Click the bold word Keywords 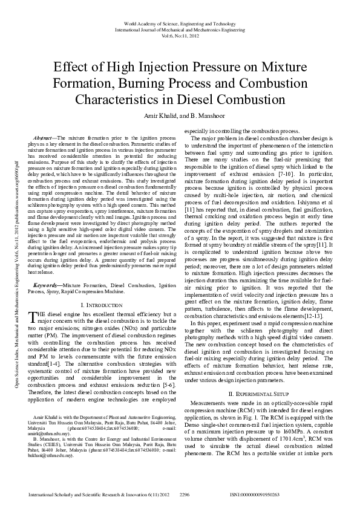47,284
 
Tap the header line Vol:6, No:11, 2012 180,36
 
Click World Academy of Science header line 180,23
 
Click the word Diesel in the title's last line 201,99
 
